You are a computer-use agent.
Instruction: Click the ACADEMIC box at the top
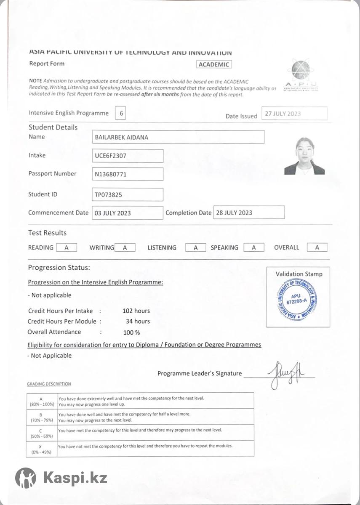click(x=214, y=64)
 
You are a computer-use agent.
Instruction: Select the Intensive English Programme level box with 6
click(x=121, y=113)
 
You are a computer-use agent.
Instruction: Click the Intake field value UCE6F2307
click(x=128, y=156)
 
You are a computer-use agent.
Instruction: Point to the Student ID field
click(x=128, y=194)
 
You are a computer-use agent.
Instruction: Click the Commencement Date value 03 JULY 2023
click(x=128, y=213)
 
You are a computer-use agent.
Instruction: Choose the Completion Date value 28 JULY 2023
click(x=249, y=213)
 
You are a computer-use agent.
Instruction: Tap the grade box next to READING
click(x=67, y=248)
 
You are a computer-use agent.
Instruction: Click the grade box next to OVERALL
click(x=317, y=247)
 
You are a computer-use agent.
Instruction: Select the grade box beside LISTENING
click(x=196, y=248)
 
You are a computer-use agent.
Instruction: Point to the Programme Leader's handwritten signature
click(x=287, y=374)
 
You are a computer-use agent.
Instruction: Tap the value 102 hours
click(x=136, y=311)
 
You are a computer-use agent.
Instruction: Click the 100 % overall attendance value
click(x=131, y=332)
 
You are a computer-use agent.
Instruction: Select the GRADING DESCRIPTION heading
click(x=49, y=384)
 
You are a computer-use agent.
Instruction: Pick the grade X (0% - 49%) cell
click(x=41, y=449)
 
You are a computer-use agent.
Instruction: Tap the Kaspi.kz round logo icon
click(x=26, y=478)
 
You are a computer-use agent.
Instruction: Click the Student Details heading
click(x=53, y=127)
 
